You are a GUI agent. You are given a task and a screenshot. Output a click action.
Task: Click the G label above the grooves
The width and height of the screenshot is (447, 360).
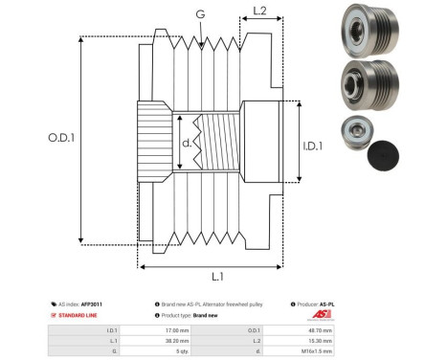[x=199, y=14]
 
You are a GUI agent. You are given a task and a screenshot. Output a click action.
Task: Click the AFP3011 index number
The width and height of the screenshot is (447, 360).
[x=91, y=304]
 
